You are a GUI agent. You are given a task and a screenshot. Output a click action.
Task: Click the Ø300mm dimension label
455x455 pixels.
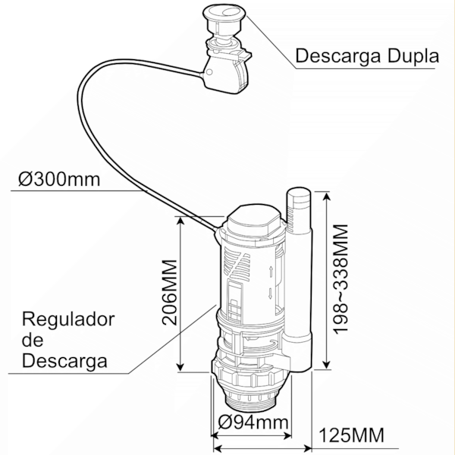(x=59, y=180)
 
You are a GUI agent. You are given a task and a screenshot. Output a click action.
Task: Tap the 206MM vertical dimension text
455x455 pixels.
(x=169, y=293)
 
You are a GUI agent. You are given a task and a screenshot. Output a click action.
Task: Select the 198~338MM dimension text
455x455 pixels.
(x=340, y=279)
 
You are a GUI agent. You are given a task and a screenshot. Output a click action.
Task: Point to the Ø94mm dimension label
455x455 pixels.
(x=253, y=422)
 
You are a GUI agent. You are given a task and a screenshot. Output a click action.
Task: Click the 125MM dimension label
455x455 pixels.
(x=351, y=435)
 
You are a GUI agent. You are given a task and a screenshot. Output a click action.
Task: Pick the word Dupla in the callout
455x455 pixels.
(x=413, y=56)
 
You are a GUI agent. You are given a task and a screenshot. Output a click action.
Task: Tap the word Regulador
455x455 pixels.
(x=68, y=320)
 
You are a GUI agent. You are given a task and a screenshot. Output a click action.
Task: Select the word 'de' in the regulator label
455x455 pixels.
(x=33, y=340)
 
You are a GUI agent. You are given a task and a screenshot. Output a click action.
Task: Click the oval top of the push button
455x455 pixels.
(x=224, y=12)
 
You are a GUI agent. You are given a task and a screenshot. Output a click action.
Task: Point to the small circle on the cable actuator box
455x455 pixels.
(x=209, y=72)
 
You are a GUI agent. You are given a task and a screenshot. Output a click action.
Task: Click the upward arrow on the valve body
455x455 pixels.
(x=271, y=272)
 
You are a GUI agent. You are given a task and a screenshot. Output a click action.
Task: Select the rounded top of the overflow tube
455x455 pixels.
(x=299, y=194)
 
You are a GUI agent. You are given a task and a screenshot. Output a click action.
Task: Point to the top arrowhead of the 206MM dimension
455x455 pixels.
(x=180, y=221)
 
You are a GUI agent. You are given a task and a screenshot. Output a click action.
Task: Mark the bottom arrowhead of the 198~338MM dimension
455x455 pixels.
(x=327, y=365)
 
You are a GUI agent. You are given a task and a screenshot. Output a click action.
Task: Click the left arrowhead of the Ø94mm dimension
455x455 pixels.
(x=216, y=435)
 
